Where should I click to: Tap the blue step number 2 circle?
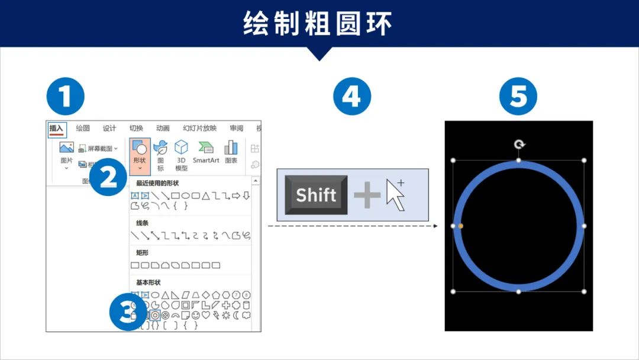click(x=108, y=176)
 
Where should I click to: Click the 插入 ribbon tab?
click(x=57, y=128)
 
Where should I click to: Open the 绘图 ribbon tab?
click(x=83, y=128)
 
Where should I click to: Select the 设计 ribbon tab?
click(x=109, y=128)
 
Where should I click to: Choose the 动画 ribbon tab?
click(x=163, y=128)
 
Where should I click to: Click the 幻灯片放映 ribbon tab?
click(x=199, y=128)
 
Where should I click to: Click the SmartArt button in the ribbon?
click(x=206, y=152)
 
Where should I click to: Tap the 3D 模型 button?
click(x=181, y=155)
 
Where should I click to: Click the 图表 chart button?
click(x=231, y=152)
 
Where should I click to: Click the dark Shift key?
click(x=316, y=195)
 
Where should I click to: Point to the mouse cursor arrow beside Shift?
click(x=395, y=195)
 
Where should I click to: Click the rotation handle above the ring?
click(x=519, y=144)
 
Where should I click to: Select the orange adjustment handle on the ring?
click(x=461, y=226)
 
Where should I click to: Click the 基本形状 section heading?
click(x=148, y=282)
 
